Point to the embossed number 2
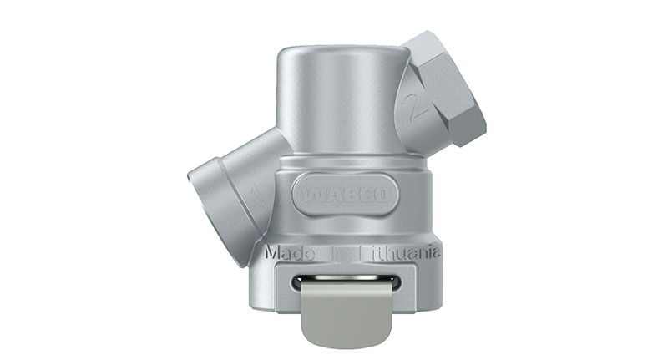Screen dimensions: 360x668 click(410, 108)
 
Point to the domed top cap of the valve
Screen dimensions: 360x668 click(342, 58)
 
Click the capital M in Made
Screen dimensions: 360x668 click(271, 251)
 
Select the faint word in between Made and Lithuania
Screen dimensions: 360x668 click(334, 251)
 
